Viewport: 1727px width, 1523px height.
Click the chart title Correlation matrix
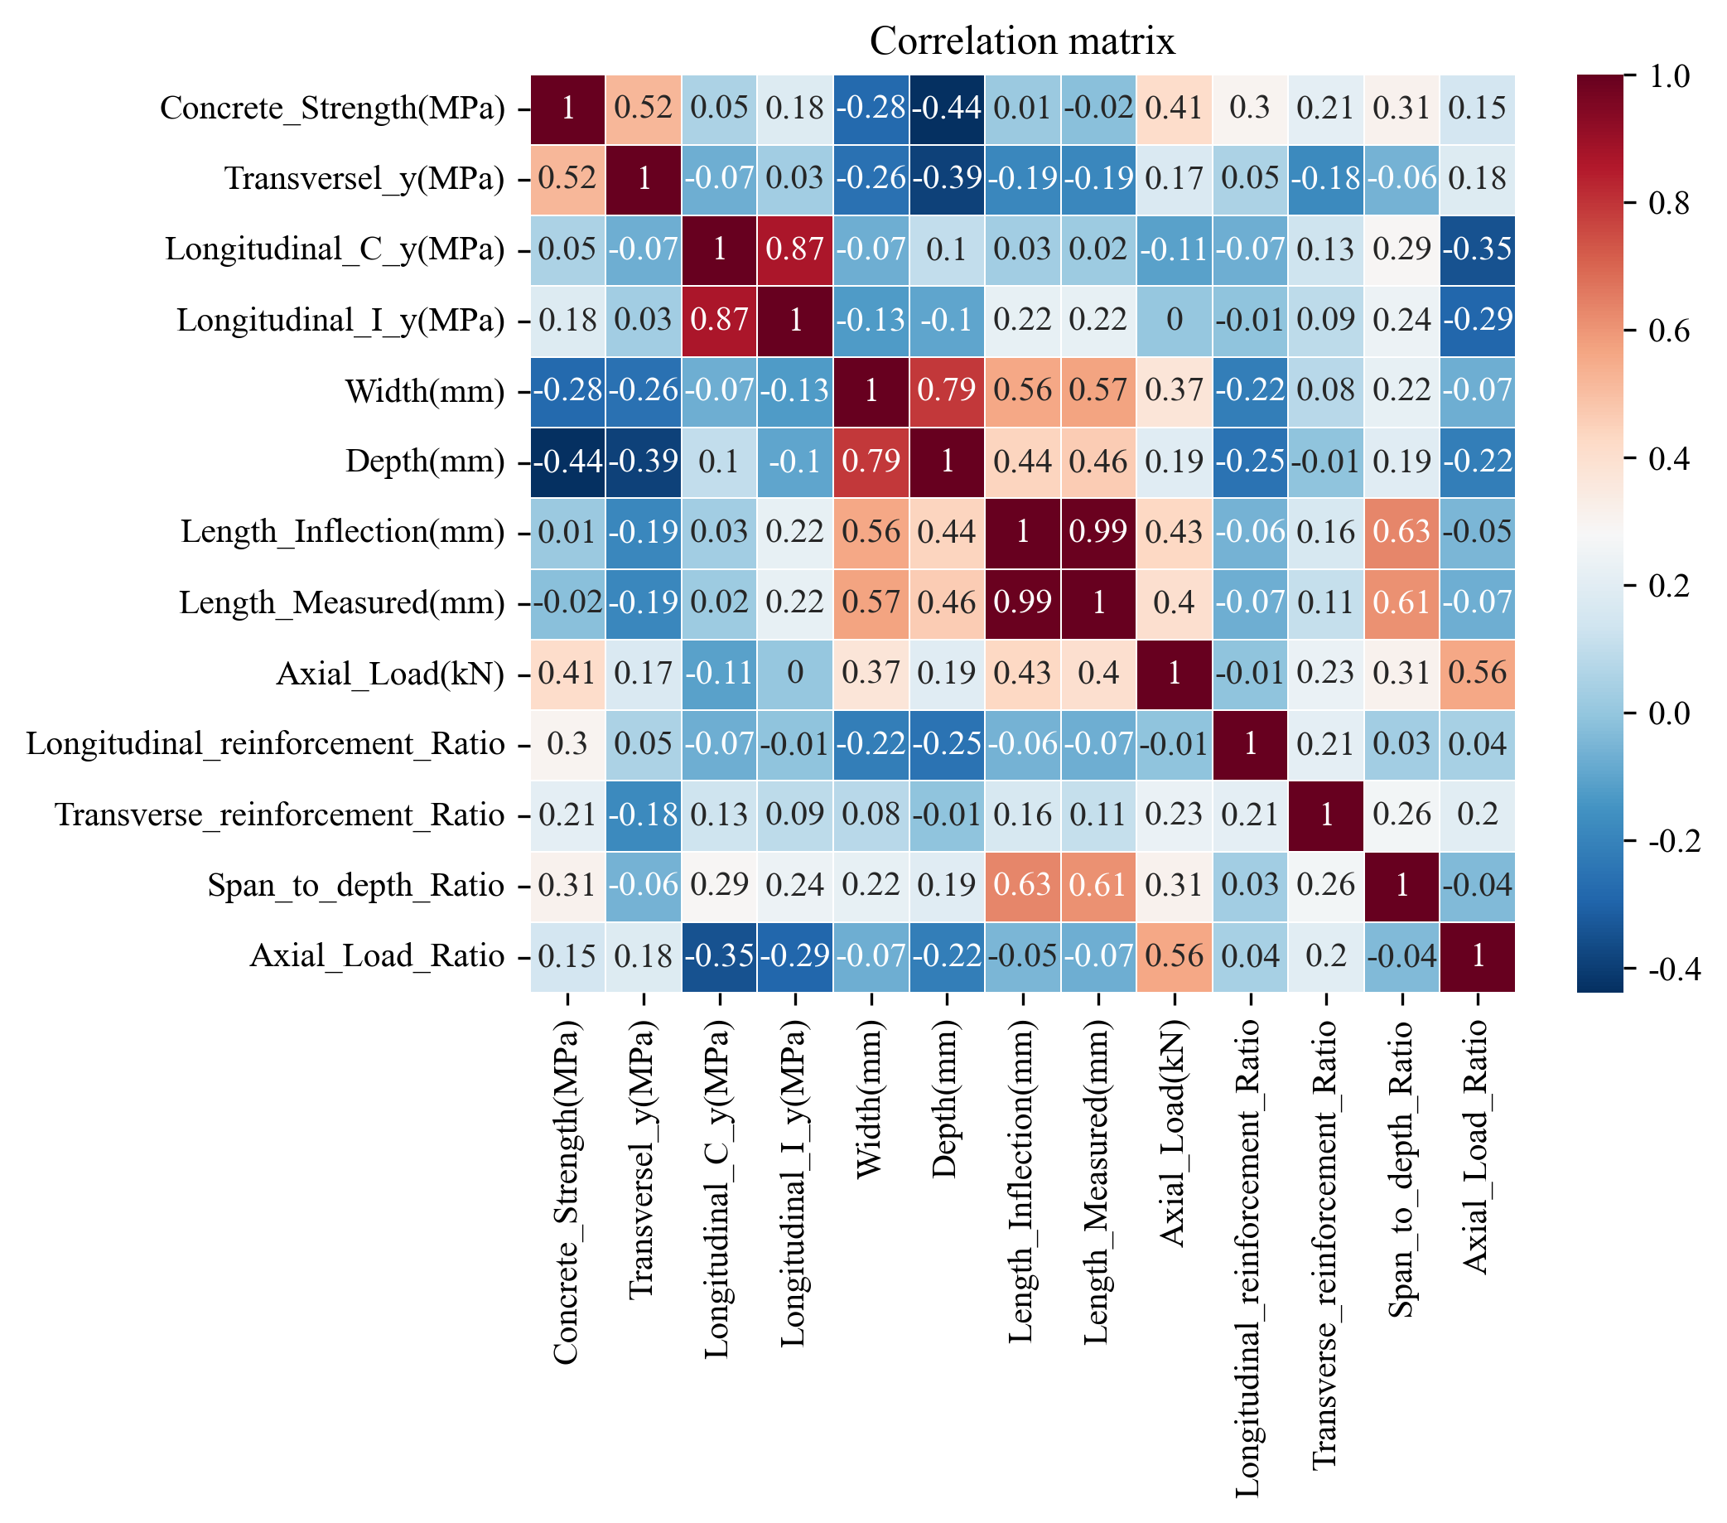[1022, 41]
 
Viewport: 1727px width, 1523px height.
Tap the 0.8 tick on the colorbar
[1669, 203]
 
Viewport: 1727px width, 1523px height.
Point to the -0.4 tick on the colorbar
[1669, 969]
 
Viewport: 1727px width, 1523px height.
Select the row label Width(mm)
[425, 391]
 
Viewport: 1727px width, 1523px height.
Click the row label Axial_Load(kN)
[390, 674]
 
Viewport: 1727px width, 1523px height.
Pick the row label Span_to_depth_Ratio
[356, 886]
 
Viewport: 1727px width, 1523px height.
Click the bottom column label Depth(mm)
[946, 1099]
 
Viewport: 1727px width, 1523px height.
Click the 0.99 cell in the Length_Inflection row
[1098, 533]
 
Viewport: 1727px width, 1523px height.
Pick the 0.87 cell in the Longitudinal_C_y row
[795, 249]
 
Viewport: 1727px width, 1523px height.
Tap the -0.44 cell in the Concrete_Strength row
[946, 109]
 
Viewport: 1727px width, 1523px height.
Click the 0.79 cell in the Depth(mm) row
[871, 462]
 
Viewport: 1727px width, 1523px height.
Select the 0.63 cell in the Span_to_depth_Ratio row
[1022, 886]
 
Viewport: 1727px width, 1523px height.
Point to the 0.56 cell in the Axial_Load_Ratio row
[1175, 957]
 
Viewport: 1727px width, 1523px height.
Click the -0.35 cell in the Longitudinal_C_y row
[1478, 249]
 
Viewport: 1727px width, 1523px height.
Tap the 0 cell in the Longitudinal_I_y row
[1175, 321]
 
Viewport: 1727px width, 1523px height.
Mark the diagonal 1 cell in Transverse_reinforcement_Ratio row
[1325, 815]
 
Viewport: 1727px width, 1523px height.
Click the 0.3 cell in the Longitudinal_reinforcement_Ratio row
[567, 745]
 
